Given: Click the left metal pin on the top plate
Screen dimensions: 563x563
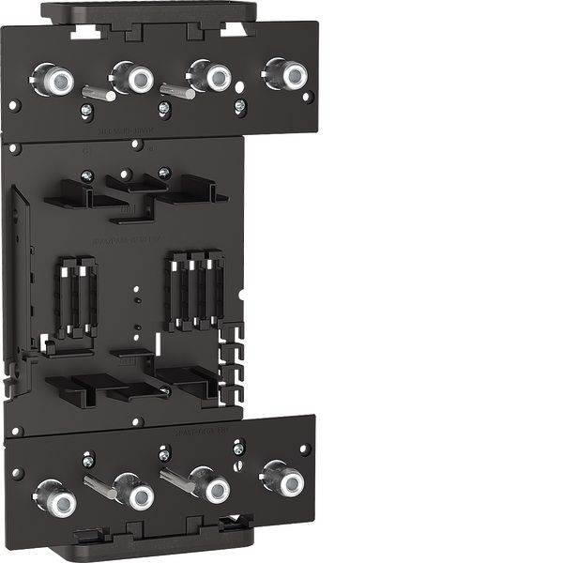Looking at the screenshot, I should (99, 93).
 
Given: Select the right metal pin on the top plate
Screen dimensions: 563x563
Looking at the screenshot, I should (176, 90).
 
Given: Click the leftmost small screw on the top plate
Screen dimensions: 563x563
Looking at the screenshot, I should (86, 111).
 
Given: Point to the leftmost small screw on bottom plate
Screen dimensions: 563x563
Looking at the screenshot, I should (88, 461).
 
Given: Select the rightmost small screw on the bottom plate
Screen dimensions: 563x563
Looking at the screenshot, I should (238, 449).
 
